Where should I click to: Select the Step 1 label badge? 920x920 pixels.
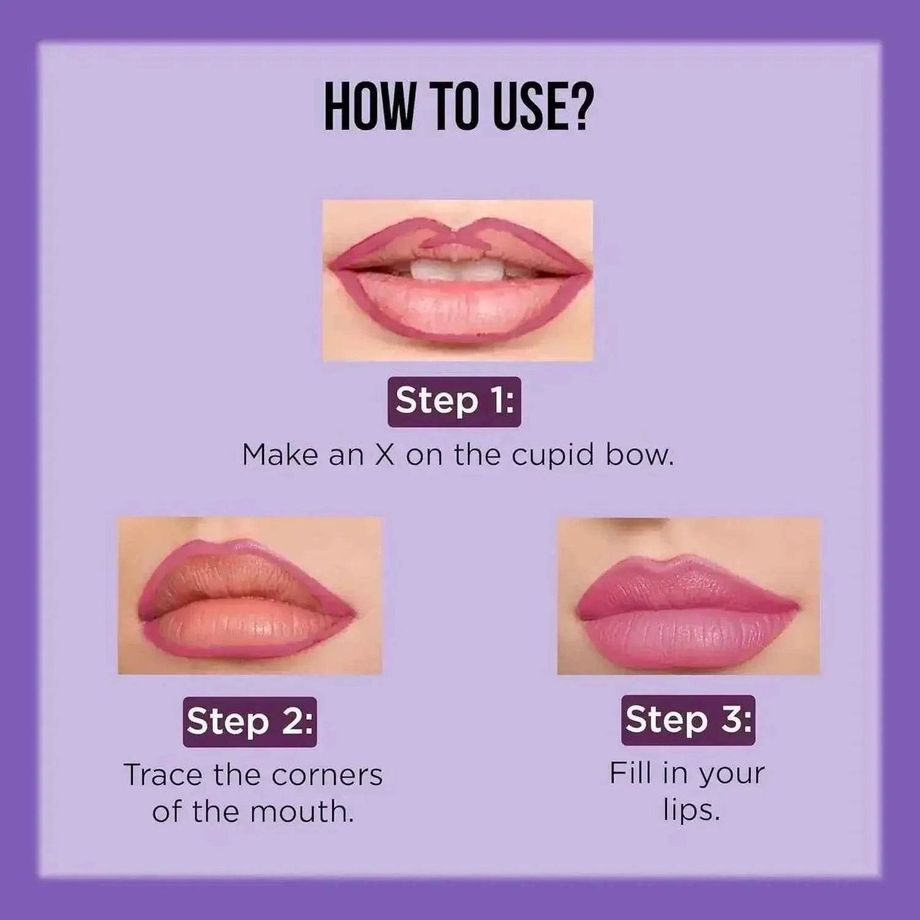(x=454, y=401)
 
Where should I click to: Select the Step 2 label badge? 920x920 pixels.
(x=250, y=721)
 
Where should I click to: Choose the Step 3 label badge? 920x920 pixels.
(x=688, y=720)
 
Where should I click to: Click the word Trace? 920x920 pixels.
(x=163, y=775)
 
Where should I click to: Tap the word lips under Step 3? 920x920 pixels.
(x=691, y=811)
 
